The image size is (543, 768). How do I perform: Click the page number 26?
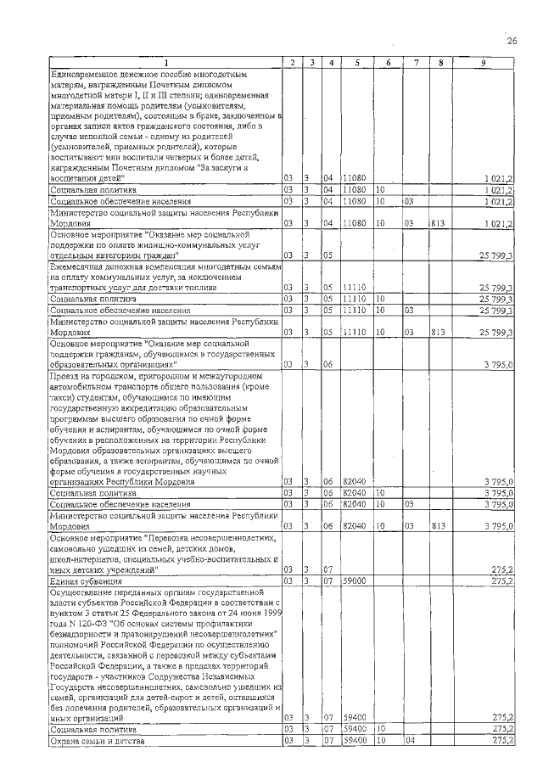(512, 41)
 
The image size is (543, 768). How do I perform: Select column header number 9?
(482, 63)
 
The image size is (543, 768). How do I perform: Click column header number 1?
(166, 63)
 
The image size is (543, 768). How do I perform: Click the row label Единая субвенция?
(78, 580)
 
